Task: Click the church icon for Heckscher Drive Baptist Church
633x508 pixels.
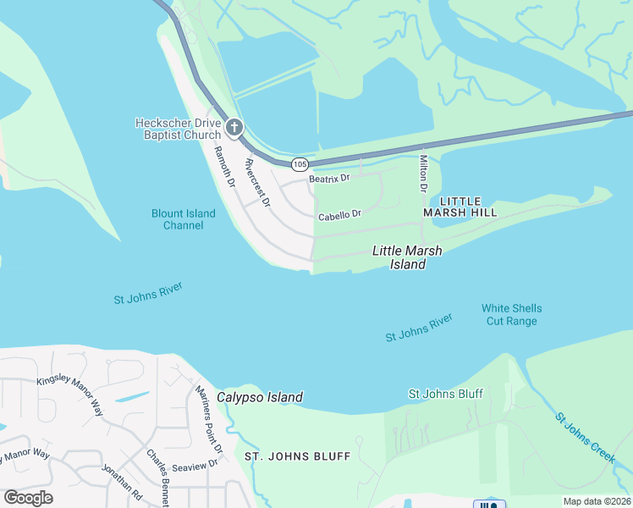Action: click(x=234, y=129)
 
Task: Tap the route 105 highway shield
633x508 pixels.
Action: click(x=299, y=163)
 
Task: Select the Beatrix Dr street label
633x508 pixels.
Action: click(x=329, y=179)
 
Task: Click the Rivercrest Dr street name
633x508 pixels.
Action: click(x=256, y=183)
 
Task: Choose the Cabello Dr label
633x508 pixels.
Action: click(x=339, y=216)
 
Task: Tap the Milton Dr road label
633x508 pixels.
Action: click(x=423, y=173)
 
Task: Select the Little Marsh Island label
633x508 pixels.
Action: click(x=407, y=257)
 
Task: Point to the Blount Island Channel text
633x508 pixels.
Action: click(x=184, y=220)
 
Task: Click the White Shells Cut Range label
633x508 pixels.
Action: click(x=511, y=314)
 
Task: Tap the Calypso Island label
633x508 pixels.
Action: click(x=259, y=397)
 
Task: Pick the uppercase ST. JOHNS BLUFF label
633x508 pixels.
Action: click(x=297, y=456)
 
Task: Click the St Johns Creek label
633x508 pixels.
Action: click(x=585, y=437)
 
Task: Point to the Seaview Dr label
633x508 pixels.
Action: click(x=195, y=463)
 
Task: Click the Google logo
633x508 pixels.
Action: click(x=28, y=498)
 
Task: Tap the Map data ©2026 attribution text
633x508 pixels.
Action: click(x=597, y=501)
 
